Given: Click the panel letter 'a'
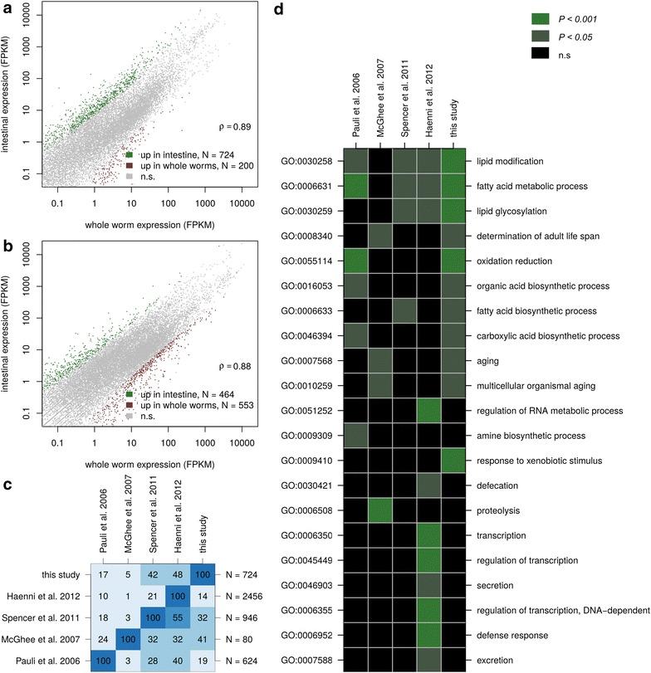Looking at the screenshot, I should [x=7, y=7].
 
